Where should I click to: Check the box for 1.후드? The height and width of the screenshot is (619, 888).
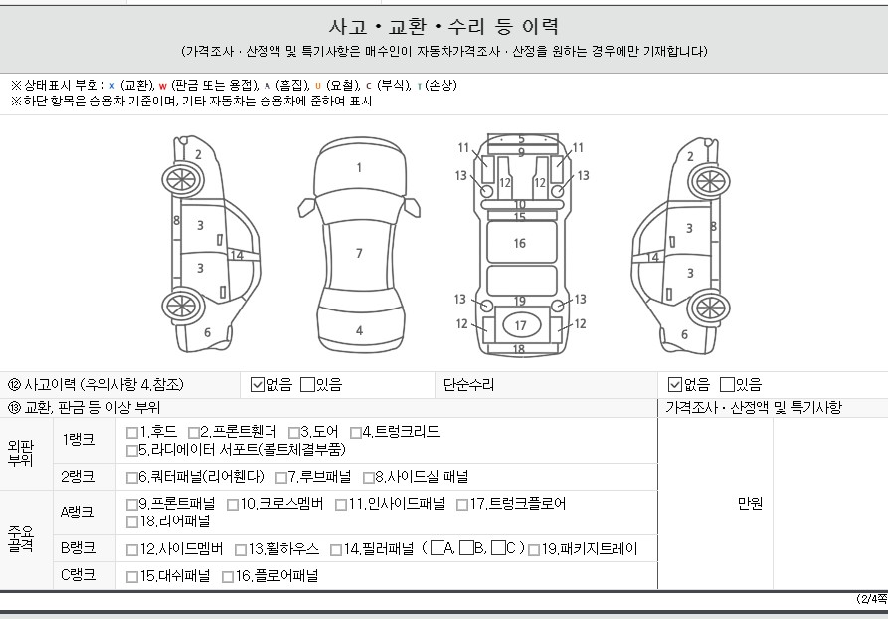point(132,433)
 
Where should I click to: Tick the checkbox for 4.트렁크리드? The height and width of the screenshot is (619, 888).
point(356,433)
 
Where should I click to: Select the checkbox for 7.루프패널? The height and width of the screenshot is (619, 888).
point(281,478)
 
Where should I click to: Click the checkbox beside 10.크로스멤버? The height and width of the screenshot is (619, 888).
point(233,504)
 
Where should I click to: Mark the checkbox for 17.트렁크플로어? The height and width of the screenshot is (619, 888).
point(462,504)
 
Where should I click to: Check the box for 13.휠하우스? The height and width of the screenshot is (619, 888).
point(241,550)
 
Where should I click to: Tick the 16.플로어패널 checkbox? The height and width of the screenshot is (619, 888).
point(228,577)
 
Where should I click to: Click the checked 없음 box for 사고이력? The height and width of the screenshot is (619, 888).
point(258,385)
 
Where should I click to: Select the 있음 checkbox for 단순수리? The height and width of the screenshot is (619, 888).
point(727,385)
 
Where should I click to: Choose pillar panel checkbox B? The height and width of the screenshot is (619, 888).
point(466,548)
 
